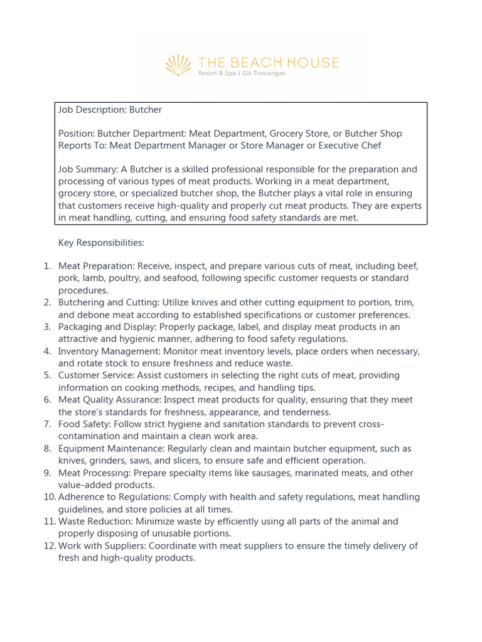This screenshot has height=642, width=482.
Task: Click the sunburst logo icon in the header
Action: [x=178, y=65]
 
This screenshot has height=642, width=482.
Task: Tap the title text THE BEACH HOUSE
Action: [x=268, y=62]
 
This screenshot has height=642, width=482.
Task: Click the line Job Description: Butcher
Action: [x=110, y=110]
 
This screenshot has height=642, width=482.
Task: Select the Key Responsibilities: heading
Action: [x=101, y=242]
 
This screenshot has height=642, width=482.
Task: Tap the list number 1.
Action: [x=47, y=266]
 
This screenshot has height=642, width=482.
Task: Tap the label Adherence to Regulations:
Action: [x=115, y=497]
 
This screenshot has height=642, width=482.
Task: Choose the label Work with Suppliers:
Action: [x=102, y=546]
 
